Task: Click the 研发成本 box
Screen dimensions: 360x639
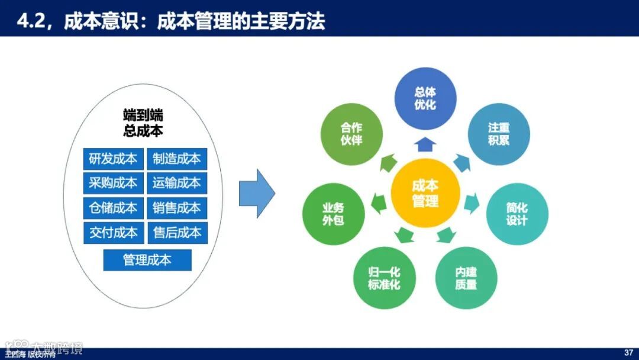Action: pyautogui.click(x=112, y=159)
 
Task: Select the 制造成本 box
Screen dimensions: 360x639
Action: pyautogui.click(x=177, y=159)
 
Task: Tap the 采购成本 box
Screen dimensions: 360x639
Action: pyautogui.click(x=112, y=183)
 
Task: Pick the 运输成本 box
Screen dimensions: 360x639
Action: pyautogui.click(x=177, y=183)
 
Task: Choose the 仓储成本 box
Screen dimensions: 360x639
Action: pyautogui.click(x=112, y=208)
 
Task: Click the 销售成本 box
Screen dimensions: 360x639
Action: pyautogui.click(x=177, y=208)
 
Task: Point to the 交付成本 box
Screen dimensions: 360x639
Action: pyautogui.click(x=112, y=232)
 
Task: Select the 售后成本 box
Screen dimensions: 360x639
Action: pyautogui.click(x=177, y=232)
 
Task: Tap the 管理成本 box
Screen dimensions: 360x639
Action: pyautogui.click(x=147, y=260)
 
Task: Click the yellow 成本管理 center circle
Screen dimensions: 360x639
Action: pyautogui.click(x=425, y=194)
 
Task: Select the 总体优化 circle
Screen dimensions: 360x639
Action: pyautogui.click(x=425, y=98)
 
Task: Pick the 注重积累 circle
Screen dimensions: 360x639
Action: pyautogui.click(x=499, y=134)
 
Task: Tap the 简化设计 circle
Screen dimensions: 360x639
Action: pyautogui.click(x=517, y=214)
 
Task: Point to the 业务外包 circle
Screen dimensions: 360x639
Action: pyautogui.click(x=333, y=214)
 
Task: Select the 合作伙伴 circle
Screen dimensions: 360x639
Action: pyautogui.click(x=351, y=134)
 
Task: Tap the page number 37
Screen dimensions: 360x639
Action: pyautogui.click(x=628, y=353)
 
